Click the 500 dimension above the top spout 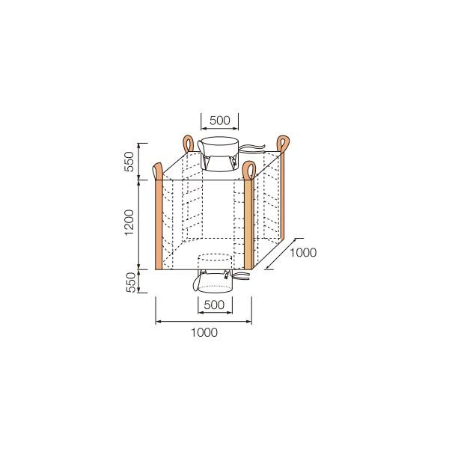219,119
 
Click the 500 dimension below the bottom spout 215,305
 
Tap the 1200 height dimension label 129,223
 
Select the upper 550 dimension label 129,161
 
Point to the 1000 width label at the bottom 204,332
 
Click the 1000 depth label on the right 303,253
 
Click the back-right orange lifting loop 284,143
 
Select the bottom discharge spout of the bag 215,281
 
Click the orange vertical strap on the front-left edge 158,224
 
